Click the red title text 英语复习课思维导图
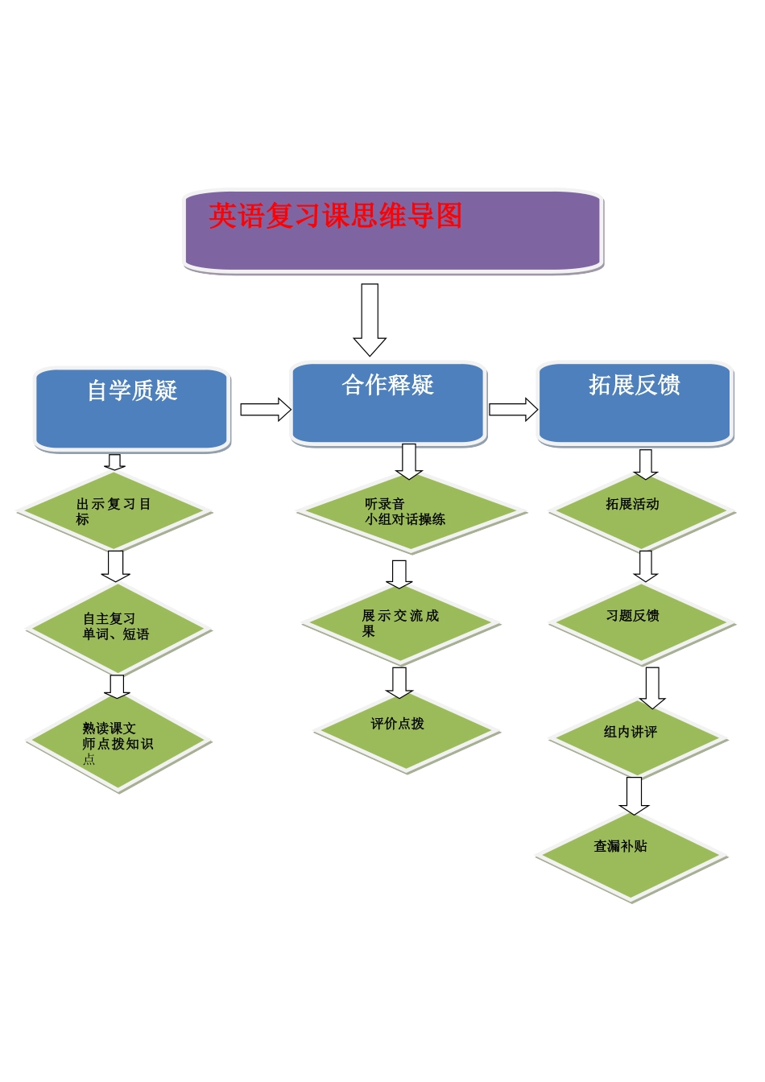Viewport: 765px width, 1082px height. point(335,216)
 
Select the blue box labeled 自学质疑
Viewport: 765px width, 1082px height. point(132,409)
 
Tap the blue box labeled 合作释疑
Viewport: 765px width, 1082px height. point(388,403)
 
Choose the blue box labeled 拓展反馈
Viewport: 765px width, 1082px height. point(635,403)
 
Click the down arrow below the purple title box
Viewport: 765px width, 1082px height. point(370,320)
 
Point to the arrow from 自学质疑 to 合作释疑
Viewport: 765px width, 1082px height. point(265,409)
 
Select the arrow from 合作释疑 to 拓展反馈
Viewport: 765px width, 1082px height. point(513,409)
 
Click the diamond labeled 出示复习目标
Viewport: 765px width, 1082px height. point(115,512)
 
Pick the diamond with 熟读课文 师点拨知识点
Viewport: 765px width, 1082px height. point(118,742)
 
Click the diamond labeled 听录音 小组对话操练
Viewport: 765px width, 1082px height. point(411,512)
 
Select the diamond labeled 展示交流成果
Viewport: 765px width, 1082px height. point(401,624)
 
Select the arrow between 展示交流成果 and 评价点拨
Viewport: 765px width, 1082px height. point(399,682)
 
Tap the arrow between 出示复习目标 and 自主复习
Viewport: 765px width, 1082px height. point(116,565)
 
